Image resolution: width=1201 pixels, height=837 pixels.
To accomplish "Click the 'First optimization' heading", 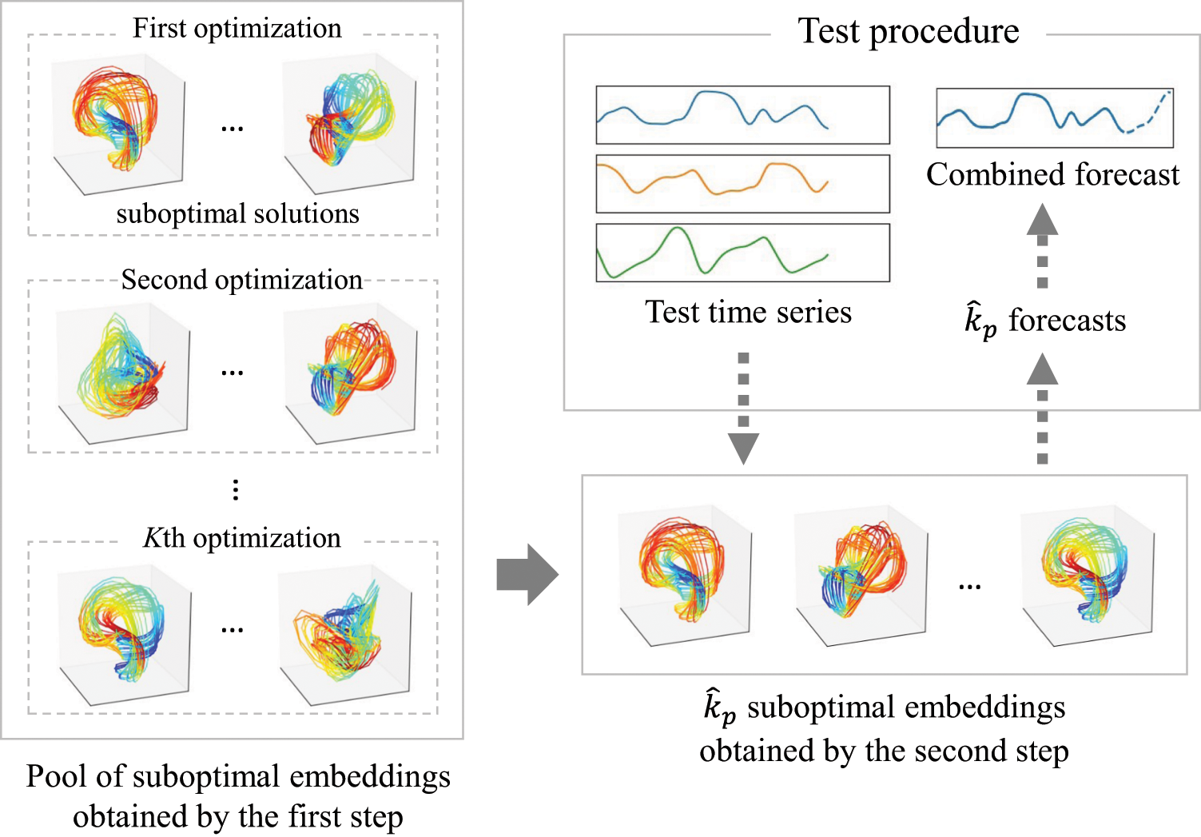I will [x=237, y=29].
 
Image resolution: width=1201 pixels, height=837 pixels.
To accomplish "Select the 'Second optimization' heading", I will [x=241, y=280].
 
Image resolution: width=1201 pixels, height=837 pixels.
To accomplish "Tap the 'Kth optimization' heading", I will [x=241, y=538].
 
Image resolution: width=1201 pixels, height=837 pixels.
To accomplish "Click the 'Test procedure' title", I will [x=908, y=32].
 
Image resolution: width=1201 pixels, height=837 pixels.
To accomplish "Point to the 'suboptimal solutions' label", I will [x=237, y=214].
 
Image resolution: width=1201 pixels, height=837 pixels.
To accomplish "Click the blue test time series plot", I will [x=742, y=115].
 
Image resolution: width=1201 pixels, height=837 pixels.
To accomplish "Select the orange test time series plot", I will [x=742, y=184].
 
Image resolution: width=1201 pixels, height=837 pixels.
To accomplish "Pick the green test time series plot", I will [x=742, y=253].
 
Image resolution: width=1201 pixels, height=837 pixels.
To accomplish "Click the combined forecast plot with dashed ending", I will [x=1054, y=118].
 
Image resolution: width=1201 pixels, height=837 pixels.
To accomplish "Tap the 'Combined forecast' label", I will [x=1052, y=175].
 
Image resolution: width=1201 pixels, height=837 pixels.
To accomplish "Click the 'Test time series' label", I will [x=748, y=313].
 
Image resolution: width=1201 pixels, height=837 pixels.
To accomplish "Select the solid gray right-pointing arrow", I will [x=527, y=574].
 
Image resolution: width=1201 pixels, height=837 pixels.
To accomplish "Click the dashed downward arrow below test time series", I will [x=743, y=408].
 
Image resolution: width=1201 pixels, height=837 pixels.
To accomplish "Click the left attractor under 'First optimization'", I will [x=117, y=120].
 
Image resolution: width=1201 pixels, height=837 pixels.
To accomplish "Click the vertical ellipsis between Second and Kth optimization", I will [x=235, y=489].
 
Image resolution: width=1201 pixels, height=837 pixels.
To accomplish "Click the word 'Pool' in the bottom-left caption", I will [x=54, y=777].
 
